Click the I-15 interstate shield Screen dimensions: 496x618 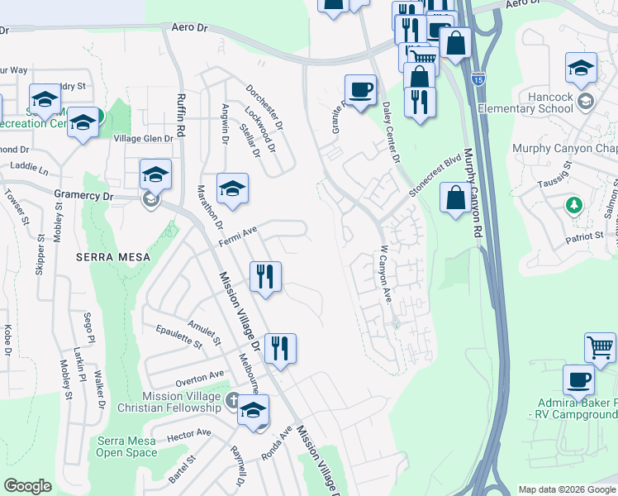pos(478,79)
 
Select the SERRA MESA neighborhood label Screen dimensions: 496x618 pos(113,257)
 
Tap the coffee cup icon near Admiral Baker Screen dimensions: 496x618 pos(578,380)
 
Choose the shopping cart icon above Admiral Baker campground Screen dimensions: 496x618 pos(600,347)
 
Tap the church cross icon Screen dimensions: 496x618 pos(234,398)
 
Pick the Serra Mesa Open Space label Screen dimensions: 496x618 pos(126,446)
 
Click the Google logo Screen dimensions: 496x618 pos(27,486)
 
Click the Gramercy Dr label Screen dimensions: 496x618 pos(83,195)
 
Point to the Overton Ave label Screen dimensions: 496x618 pos(200,379)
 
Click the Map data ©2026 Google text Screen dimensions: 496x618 pos(565,489)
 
